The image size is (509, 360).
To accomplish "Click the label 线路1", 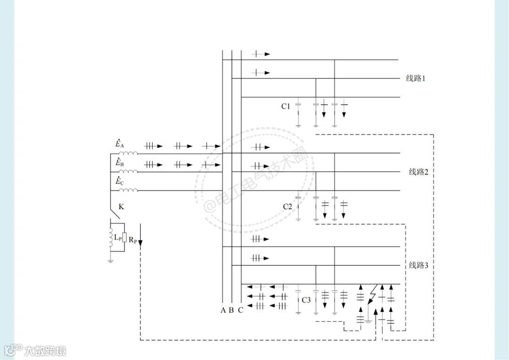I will click(x=416, y=78).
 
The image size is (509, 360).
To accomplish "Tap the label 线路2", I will click(x=418, y=172).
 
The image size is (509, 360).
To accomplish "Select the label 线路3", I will click(x=418, y=265).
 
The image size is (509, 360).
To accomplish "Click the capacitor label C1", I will click(x=286, y=106).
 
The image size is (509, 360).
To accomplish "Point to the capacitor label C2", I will click(x=287, y=206).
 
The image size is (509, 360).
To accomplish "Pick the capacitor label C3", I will click(x=306, y=300).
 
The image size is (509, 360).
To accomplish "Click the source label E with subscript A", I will click(x=120, y=144).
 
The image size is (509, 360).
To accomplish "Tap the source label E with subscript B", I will click(x=120, y=163).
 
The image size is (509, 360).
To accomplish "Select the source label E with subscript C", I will click(x=120, y=181).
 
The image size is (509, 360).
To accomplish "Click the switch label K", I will click(x=122, y=206).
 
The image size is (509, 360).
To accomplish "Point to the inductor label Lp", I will click(x=117, y=238).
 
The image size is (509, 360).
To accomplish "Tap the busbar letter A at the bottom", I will click(x=223, y=310).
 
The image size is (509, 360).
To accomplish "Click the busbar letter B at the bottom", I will click(x=231, y=310).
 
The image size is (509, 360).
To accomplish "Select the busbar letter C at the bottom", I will click(x=240, y=310).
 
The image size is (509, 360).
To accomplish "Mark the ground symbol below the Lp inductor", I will click(x=110, y=260).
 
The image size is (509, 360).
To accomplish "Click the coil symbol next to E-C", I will click(x=128, y=190).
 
